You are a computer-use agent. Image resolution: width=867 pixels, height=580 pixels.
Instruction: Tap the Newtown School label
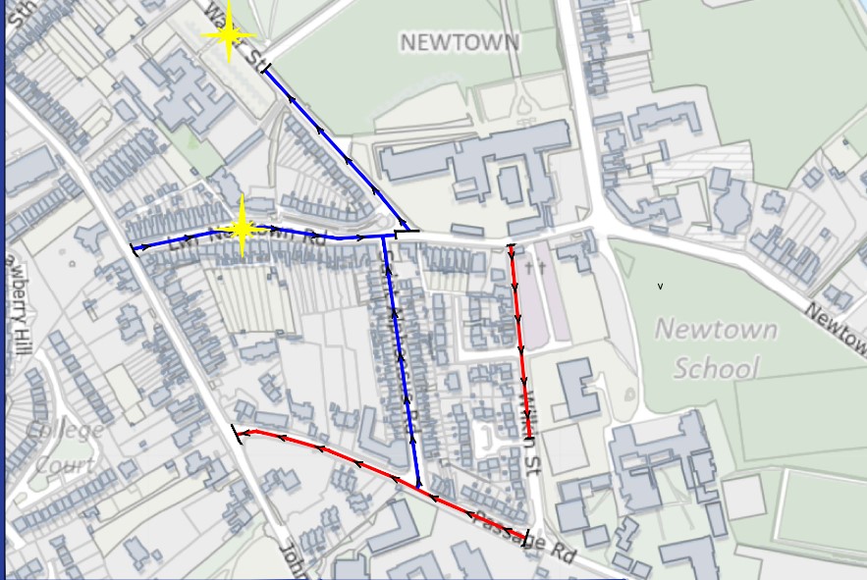716,348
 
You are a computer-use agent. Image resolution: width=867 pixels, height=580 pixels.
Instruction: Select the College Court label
64,447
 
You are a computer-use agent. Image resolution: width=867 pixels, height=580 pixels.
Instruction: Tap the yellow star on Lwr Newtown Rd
243,232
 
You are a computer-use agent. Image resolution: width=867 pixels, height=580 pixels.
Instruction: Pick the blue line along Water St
334,147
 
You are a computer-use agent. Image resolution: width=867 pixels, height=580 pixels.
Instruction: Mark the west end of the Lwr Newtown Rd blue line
133,247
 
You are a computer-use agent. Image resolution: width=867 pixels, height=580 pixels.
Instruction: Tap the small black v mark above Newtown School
660,287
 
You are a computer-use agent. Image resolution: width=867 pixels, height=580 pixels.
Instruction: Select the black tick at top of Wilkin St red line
511,245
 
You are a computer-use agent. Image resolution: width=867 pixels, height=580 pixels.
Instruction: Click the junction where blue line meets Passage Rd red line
419,487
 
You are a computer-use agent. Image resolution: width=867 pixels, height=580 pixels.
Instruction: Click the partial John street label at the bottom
292,559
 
